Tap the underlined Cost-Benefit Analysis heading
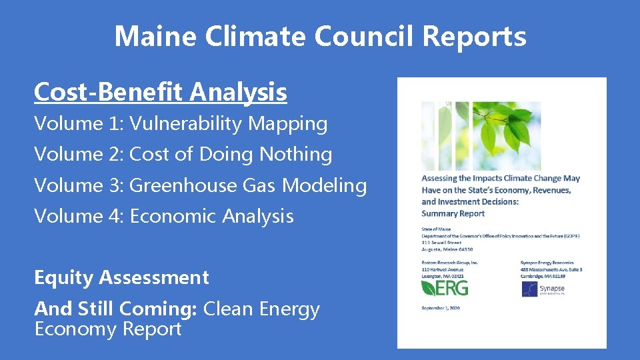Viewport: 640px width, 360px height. click(160, 92)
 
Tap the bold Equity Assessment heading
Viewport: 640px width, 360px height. click(121, 277)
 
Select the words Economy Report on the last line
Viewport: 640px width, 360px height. click(107, 329)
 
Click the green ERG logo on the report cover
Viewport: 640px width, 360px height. click(445, 287)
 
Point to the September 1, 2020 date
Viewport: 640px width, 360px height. click(441, 307)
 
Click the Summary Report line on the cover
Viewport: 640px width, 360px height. click(453, 213)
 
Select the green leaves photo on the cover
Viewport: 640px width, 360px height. click(481, 136)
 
